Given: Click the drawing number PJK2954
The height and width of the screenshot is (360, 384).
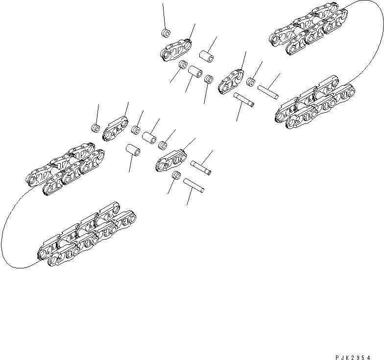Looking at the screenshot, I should point(359,345).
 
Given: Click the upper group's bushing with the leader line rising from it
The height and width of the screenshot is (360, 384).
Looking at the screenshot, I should point(206,54).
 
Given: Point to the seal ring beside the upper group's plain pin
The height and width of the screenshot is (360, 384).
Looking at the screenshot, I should point(251,82).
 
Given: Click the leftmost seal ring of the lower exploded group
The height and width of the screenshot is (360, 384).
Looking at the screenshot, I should point(95,128).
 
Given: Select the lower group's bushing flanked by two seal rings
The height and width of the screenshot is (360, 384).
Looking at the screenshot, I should point(149,137).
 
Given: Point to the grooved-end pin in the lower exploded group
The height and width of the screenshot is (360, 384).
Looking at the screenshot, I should point(201,167).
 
